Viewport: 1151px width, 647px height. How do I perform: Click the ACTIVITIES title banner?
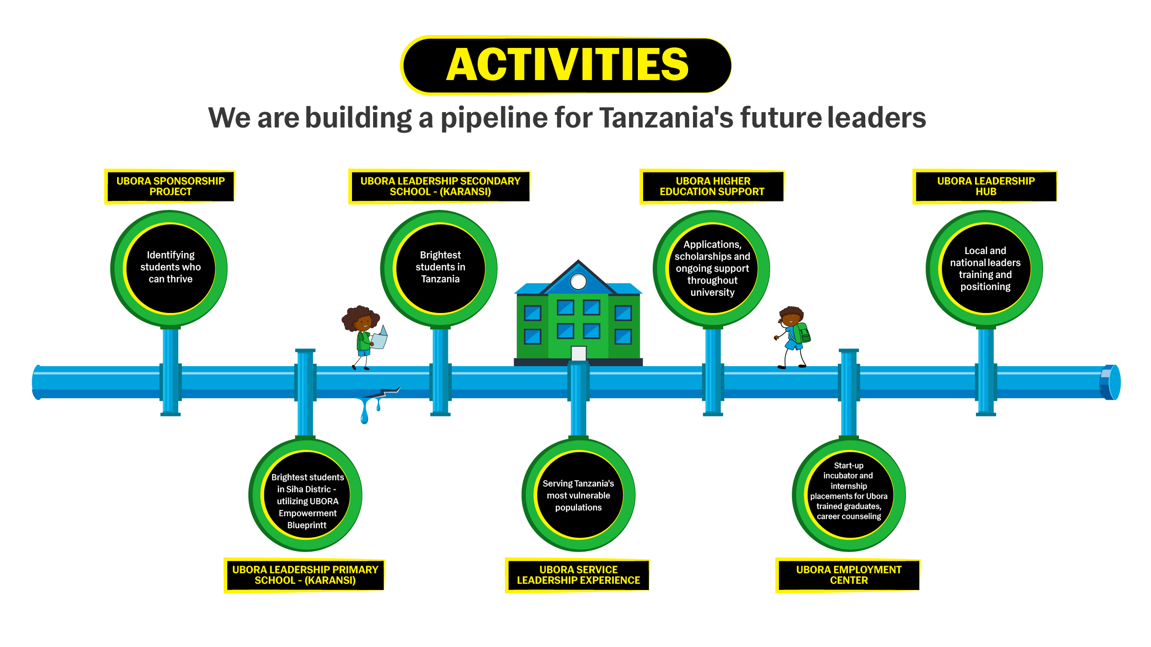566,65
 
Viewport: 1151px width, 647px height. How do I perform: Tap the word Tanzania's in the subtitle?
666,118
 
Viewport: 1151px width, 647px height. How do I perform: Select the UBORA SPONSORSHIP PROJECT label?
170,186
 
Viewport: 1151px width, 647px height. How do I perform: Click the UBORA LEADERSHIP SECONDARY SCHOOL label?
440,186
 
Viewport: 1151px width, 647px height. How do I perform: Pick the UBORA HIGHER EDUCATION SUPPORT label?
712,186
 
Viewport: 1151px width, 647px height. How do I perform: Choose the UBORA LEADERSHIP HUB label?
986,186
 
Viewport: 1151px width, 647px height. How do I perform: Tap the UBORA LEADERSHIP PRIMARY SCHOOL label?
305,575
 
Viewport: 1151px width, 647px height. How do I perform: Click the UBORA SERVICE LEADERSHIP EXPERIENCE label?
578,575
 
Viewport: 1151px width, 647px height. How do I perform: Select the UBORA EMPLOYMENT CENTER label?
848,575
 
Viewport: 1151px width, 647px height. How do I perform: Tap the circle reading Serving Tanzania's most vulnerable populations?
578,495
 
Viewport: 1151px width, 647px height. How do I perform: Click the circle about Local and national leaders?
985,268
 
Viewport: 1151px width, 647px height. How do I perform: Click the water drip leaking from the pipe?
365,412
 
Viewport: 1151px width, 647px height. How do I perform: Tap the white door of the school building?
578,353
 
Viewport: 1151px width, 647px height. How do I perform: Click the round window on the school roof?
578,281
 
